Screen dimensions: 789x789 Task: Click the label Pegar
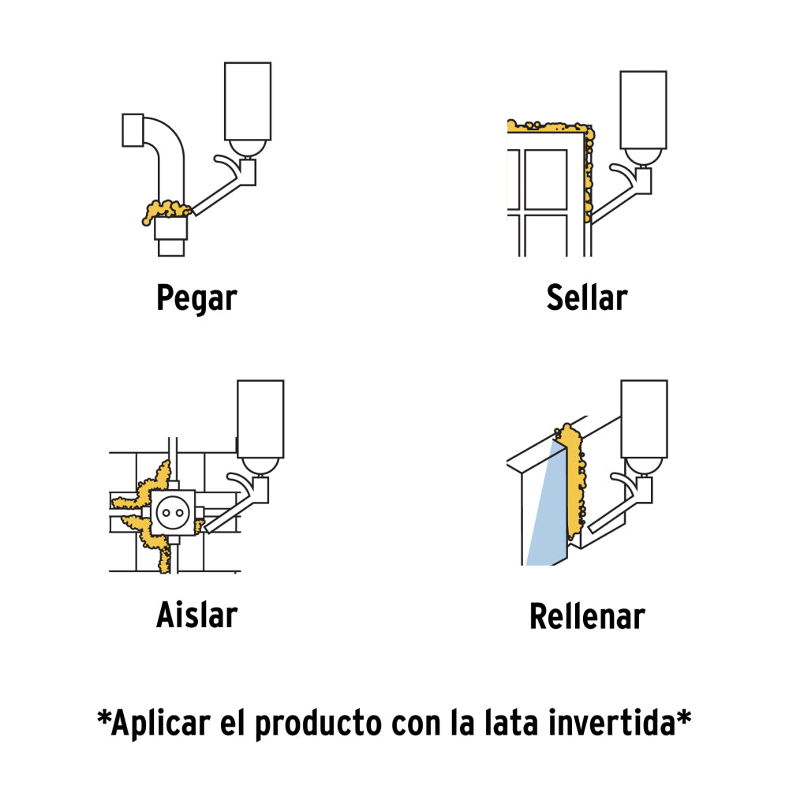pyautogui.click(x=196, y=298)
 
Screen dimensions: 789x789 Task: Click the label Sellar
pyautogui.click(x=587, y=298)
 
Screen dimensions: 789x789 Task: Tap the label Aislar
pyautogui.click(x=196, y=615)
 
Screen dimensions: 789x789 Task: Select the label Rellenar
pyautogui.click(x=587, y=616)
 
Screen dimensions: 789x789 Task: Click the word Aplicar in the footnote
pyautogui.click(x=160, y=724)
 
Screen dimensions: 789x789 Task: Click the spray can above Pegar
pyautogui.click(x=247, y=103)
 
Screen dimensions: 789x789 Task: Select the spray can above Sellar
pyautogui.click(x=643, y=110)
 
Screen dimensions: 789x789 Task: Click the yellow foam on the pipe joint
pyautogui.click(x=167, y=211)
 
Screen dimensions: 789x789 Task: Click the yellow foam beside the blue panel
pyautogui.click(x=575, y=481)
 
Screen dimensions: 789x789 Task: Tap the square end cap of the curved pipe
pyautogui.click(x=133, y=130)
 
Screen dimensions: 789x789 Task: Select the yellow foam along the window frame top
pyautogui.click(x=548, y=126)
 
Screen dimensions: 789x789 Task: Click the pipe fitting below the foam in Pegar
pyautogui.click(x=171, y=236)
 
